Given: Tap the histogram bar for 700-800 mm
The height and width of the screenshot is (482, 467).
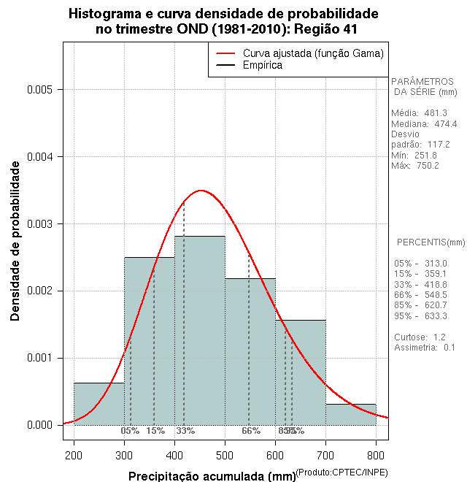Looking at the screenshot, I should pos(350,414).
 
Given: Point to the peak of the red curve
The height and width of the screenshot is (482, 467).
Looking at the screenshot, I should pos(201,191).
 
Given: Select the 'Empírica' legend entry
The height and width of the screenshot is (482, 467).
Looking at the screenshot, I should pos(262,65).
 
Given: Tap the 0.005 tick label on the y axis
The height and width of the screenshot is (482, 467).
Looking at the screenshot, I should pos(39,90).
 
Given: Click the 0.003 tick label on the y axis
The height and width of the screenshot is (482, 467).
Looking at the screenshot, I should pos(39,224).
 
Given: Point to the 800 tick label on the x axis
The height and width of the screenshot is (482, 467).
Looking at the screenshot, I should pos(376,456).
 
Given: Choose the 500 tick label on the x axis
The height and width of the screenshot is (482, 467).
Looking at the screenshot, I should pos(225,456).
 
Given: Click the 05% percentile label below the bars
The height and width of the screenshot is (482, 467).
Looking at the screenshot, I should pos(130,431).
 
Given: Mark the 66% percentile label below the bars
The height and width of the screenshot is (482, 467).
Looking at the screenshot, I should pos(251,431).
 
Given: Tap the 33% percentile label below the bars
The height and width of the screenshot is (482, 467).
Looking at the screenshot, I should pos(185,431).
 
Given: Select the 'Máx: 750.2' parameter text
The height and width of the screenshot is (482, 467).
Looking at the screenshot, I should pos(414,166).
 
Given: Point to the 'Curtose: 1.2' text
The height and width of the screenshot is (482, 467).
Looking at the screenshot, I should pos(420,337).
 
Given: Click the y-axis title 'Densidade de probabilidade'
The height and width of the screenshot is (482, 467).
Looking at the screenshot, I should pos(15,241).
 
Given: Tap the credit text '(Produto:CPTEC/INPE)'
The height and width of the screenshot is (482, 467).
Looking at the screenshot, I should pos(341,473).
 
